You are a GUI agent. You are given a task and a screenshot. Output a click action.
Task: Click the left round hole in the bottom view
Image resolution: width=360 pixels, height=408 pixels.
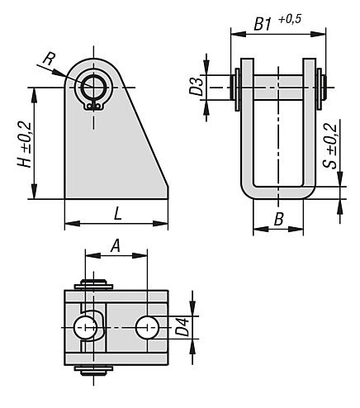(x=84, y=328)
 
